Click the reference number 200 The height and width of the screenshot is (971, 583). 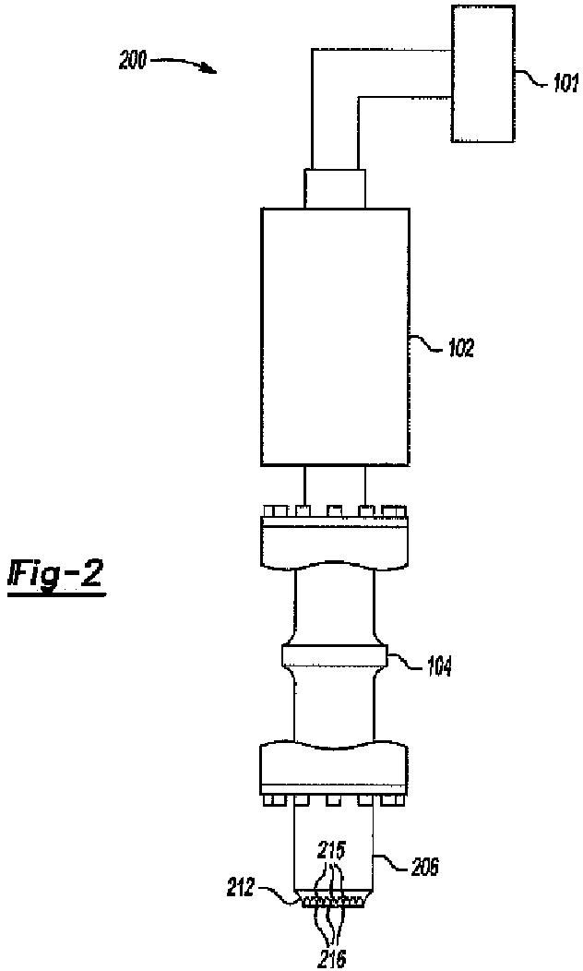click(x=132, y=64)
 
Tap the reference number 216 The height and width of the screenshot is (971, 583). click(x=331, y=960)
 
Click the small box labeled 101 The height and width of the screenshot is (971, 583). click(x=482, y=74)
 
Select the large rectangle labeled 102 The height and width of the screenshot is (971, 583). click(x=334, y=336)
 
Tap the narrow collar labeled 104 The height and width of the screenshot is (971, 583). click(x=335, y=659)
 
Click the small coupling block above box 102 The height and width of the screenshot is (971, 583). click(x=335, y=187)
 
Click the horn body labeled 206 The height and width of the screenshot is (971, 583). click(x=334, y=845)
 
